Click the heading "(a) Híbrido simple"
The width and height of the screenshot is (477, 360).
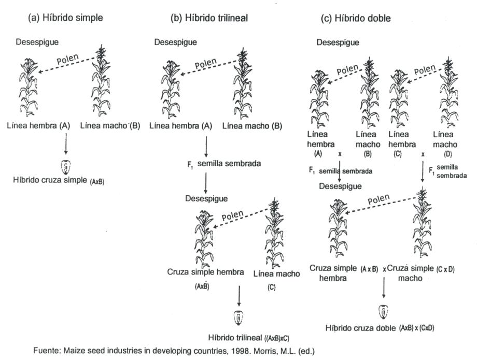(65, 18)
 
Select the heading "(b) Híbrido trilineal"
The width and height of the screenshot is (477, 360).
(209, 18)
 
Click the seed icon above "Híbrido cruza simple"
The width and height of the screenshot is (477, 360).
(65, 167)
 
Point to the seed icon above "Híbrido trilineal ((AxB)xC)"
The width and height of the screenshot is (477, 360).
(239, 316)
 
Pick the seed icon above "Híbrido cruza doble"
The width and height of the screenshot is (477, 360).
(384, 311)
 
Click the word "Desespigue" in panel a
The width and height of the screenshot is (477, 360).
(38, 42)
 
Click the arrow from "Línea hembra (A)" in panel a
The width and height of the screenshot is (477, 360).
(65, 144)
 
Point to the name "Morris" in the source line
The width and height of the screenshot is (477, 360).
(268, 351)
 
